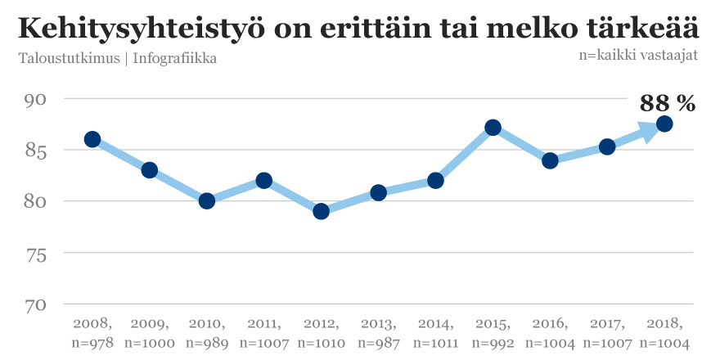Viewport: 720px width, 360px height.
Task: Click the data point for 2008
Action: [x=92, y=139]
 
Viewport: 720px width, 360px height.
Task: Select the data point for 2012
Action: [x=321, y=211]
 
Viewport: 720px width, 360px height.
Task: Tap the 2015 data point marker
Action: [x=493, y=127]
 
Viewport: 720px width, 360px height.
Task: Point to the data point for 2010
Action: [x=207, y=200]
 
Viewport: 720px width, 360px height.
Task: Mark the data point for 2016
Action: [x=550, y=160]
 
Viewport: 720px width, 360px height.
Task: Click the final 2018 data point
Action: [x=664, y=124]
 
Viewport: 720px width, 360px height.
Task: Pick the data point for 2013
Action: [x=378, y=192]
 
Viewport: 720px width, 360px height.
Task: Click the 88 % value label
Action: [x=668, y=103]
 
